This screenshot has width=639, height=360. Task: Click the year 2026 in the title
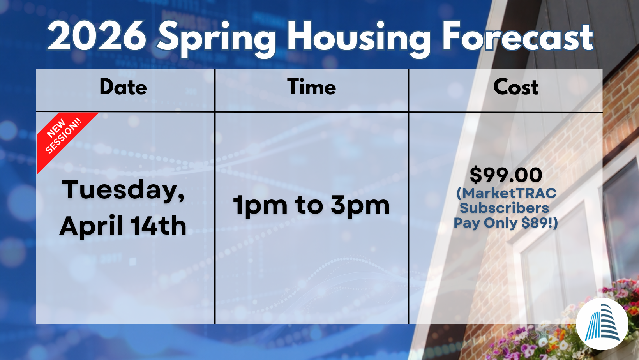click(97, 36)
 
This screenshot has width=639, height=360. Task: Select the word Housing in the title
click(359, 39)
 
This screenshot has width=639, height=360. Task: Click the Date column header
click(123, 87)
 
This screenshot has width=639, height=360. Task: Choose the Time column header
click(312, 87)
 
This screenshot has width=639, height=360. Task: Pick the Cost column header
click(516, 87)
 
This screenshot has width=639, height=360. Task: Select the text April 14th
click(123, 226)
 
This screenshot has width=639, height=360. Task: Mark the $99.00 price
click(506, 175)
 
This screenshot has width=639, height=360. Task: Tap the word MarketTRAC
click(507, 193)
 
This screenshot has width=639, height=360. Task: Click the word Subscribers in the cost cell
click(504, 208)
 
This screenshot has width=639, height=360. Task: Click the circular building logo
click(602, 324)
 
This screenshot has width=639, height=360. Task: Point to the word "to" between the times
click(309, 206)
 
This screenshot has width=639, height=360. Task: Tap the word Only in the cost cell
click(501, 223)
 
